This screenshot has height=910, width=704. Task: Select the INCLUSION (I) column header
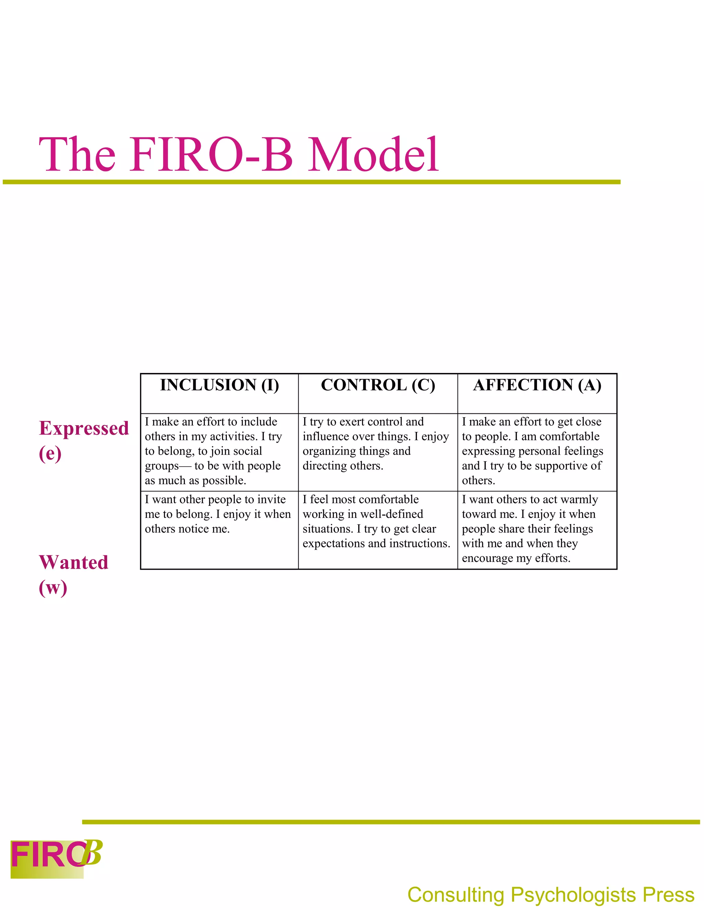[x=219, y=385]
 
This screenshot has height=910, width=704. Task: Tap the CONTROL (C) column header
[x=378, y=385]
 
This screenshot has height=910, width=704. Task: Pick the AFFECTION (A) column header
[x=537, y=385]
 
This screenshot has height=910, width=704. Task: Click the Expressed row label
[x=84, y=428]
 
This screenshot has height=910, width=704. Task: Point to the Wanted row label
[x=74, y=562]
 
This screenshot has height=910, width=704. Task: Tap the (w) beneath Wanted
[x=53, y=588]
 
